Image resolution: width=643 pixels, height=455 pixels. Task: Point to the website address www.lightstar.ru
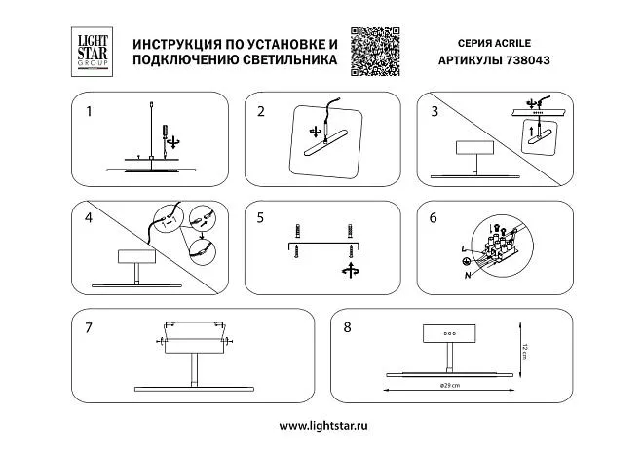(321, 427)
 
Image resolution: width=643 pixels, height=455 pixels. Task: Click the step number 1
(89, 111)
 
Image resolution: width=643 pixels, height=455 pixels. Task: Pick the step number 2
(261, 111)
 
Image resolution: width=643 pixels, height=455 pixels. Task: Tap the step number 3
(433, 111)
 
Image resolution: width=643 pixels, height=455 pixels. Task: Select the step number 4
(89, 217)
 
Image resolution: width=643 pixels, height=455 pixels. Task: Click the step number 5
(261, 218)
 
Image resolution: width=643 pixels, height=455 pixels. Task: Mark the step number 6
(433, 218)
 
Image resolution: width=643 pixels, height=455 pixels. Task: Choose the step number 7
(89, 327)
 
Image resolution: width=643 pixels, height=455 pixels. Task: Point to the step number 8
(347, 327)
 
